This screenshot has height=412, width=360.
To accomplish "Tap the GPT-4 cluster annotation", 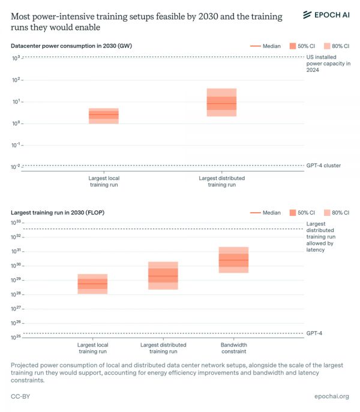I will pyautogui.click(x=323, y=166).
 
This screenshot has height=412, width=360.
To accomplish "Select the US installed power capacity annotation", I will pyautogui.click(x=328, y=63).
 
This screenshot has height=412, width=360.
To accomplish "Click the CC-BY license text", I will pyautogui.click(x=21, y=396).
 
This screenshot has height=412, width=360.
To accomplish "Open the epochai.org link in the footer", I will pyautogui.click(x=331, y=396).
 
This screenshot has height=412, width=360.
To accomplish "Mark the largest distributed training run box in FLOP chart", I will pyautogui.click(x=163, y=275).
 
